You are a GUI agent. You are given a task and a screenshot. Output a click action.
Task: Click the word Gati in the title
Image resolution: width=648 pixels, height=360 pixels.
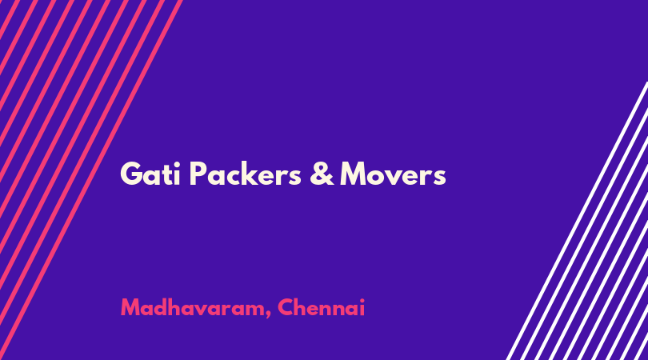pos(150,174)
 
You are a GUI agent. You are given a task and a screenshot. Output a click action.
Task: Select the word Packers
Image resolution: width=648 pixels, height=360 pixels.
pos(246,174)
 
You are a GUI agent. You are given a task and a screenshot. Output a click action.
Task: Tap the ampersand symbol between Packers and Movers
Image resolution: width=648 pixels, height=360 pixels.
pos(322,174)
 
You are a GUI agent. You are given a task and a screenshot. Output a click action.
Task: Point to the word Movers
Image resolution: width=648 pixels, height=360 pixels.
pos(393,174)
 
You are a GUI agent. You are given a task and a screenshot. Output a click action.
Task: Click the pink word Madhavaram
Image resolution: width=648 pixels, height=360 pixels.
pos(193,308)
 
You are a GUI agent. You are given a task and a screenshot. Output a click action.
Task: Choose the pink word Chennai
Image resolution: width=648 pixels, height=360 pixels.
pos(321,307)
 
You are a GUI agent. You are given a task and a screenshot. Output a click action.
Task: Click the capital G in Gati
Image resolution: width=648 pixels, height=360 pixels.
pos(132,174)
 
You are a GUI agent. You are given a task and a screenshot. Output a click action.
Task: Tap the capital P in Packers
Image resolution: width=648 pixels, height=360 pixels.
pos(198,174)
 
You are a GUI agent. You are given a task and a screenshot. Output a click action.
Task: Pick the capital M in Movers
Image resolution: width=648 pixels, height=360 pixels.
pos(355,174)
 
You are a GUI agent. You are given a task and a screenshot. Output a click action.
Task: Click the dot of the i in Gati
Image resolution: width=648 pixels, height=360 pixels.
pos(177,165)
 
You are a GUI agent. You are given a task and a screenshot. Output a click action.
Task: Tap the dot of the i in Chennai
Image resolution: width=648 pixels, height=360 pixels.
pos(362,301)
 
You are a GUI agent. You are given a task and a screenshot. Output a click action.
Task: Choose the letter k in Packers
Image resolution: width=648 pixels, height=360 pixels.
pos(258,174)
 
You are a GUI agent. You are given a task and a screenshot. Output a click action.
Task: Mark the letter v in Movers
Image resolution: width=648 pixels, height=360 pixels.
pos(398,177)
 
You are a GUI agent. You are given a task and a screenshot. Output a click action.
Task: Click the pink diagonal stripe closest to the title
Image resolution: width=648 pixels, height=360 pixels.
pos(91,180)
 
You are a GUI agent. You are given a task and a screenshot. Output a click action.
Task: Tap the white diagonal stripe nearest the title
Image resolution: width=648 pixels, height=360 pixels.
pos(577,221)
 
